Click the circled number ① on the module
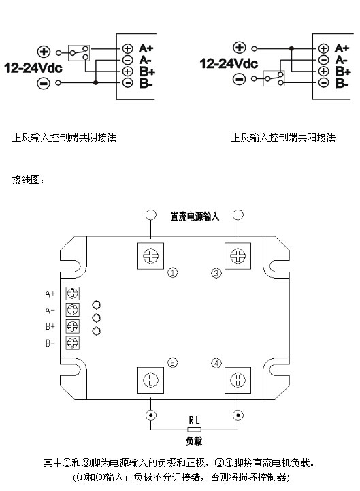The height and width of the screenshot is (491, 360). tap(172, 273)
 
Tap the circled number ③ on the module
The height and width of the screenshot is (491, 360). tap(216, 273)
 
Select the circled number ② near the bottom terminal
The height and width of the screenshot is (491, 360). tap(172, 362)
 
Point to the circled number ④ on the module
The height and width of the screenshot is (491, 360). tap(216, 363)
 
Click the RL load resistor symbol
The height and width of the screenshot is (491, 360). tap(194, 429)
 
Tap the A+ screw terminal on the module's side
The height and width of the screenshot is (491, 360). tap(73, 294)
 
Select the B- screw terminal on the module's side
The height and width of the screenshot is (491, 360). tap(73, 343)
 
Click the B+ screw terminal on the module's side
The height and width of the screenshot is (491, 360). tap(73, 326)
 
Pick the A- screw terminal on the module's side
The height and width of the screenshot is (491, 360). tap(73, 310)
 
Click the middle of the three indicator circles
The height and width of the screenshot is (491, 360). tap(97, 318)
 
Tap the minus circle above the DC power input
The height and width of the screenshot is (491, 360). tap(151, 215)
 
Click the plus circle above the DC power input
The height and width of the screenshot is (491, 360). tap(238, 215)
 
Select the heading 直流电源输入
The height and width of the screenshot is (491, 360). tap(195, 217)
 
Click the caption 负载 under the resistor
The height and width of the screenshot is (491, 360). tap(194, 441)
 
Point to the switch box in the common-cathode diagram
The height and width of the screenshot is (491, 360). tap(79, 53)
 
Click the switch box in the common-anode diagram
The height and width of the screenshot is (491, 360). tap(274, 78)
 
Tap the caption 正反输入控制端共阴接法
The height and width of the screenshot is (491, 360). tap(64, 137)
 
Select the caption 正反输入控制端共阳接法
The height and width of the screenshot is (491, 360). tap(283, 137)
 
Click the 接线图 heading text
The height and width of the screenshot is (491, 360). tap(28, 179)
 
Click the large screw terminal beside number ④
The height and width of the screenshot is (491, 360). tap(238, 380)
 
